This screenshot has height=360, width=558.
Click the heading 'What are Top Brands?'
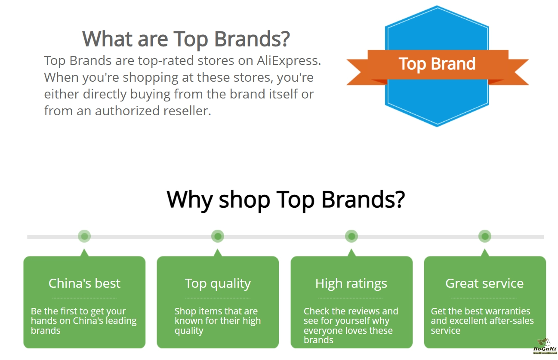point(186,39)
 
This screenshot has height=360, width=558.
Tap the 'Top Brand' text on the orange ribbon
point(437,64)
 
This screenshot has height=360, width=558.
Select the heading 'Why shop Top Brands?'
point(286,200)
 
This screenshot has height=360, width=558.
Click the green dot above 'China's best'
point(84,236)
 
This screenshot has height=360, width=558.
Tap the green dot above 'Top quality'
point(218,236)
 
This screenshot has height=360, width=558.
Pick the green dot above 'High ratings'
point(351,236)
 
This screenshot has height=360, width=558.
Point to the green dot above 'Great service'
point(485,236)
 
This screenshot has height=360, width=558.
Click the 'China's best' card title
point(84,283)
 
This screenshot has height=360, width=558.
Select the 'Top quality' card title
point(218,284)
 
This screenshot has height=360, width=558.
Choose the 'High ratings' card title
point(351,284)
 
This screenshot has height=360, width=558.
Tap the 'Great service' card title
point(484,283)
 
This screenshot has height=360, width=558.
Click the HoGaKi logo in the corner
point(545,346)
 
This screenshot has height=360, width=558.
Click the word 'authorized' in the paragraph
point(127,111)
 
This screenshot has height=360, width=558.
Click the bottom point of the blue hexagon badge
point(437,126)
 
